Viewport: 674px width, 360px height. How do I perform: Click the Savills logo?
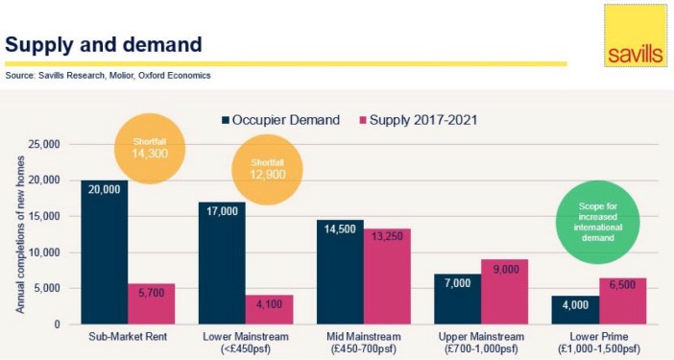[x=635, y=36]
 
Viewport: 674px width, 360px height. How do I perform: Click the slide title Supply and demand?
[x=104, y=43]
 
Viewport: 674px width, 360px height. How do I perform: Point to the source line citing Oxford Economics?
[x=108, y=75]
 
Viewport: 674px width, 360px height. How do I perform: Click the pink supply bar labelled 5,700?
[x=151, y=303]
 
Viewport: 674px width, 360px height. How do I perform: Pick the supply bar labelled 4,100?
[x=269, y=309]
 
